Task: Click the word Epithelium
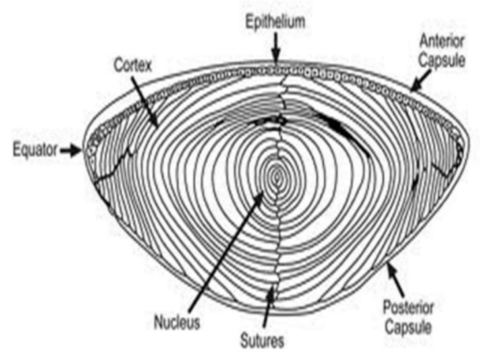[276, 22]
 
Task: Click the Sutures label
[262, 342]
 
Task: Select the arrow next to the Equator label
[71, 151]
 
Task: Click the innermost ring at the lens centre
[278, 175]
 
